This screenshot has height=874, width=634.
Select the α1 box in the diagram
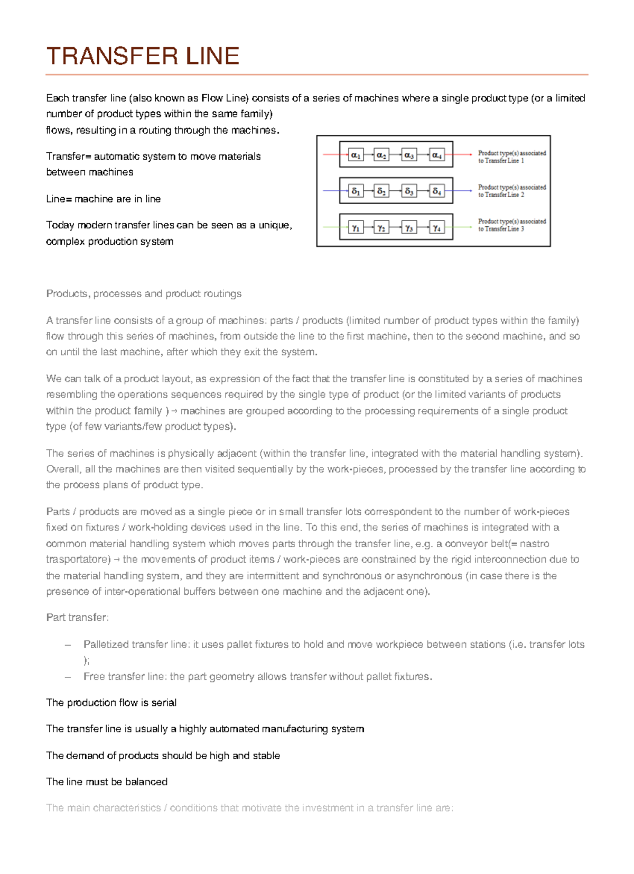(x=356, y=155)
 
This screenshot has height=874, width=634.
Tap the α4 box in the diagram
(x=437, y=155)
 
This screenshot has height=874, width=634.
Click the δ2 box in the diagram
(x=381, y=191)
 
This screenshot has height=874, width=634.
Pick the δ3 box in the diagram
(x=409, y=191)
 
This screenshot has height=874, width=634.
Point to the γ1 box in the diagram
(x=356, y=227)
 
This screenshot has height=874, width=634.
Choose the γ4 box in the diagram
(x=437, y=227)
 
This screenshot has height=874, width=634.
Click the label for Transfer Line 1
(x=511, y=157)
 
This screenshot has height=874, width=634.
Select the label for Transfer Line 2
(x=511, y=191)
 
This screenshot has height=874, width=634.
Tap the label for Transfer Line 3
(x=511, y=225)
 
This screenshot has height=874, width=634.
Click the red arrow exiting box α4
(x=462, y=154)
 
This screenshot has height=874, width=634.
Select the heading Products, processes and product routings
(x=144, y=294)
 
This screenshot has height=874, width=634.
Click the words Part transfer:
(x=78, y=618)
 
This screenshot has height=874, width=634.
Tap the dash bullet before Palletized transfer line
(x=67, y=645)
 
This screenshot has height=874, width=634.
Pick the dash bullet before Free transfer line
(x=67, y=677)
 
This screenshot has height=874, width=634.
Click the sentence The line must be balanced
(x=107, y=782)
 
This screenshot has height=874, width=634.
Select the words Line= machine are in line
(x=104, y=199)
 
